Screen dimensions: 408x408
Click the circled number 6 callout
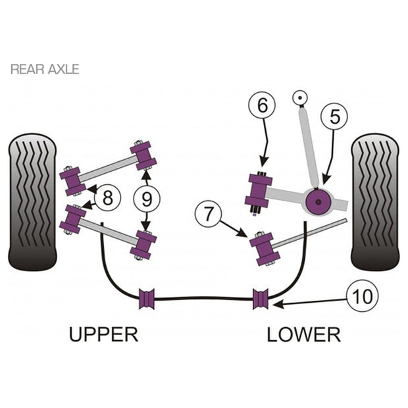263,106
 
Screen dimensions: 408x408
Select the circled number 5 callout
334,116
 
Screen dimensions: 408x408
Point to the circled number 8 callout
107,198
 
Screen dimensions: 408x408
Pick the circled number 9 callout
147,199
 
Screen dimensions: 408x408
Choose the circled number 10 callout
362,296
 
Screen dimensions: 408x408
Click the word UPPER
103,334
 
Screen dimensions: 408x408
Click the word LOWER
303,334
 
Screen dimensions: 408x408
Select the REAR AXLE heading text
45,69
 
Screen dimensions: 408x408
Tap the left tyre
32,202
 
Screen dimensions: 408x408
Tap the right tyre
375,202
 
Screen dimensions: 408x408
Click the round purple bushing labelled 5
319,202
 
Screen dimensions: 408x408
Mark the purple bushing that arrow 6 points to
259,193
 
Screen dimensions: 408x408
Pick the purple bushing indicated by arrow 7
265,249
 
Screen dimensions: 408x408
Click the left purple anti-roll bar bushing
147,299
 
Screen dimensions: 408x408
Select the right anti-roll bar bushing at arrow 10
261,299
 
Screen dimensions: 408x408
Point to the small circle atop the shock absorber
300,98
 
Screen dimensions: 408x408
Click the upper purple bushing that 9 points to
143,155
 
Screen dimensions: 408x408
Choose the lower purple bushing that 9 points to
143,245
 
